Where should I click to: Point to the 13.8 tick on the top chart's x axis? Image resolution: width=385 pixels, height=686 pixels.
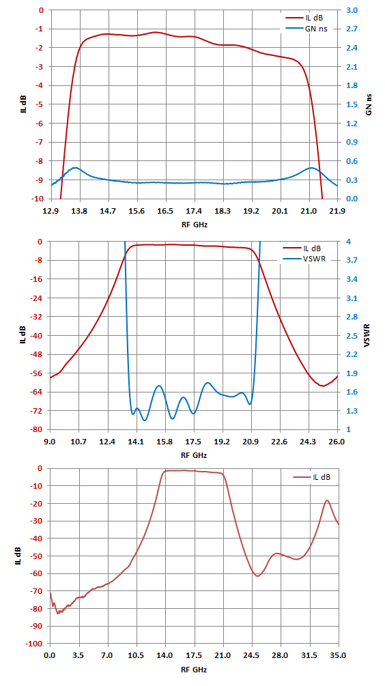[79, 211]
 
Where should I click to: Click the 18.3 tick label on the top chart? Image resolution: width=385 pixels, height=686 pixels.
[223, 211]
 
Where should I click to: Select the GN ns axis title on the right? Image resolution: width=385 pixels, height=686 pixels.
[369, 104]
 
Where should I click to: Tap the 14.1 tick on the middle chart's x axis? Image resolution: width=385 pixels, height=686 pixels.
[137, 442]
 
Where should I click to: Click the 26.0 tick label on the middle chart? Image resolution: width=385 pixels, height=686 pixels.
[337, 442]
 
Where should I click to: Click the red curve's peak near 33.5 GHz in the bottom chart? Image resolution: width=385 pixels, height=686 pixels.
[327, 500]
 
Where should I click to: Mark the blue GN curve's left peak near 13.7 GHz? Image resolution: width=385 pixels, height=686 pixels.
[75, 167]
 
